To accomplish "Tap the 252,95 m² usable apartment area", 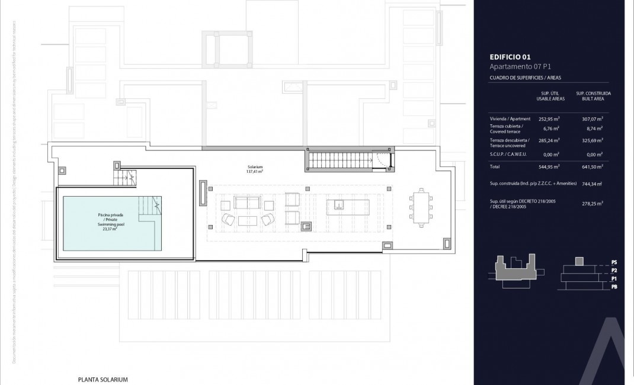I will click(549, 119).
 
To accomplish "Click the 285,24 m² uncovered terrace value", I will click(549, 141).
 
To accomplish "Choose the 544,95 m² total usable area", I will click(549, 168).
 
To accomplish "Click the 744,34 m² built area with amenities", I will click(592, 185).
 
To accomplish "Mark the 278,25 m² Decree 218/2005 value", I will click(592, 203).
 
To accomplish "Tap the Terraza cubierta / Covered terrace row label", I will click(505, 128).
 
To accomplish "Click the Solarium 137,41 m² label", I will click(255, 169).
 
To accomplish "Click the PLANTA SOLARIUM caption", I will click(103, 379).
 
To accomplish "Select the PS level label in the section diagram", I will click(614, 262).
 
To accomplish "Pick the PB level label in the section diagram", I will click(614, 287).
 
